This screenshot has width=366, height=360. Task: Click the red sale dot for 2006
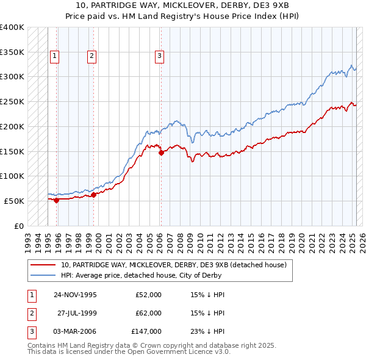(x=161, y=153)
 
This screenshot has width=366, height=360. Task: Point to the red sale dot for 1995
(x=57, y=200)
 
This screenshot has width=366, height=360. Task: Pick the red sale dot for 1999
(x=94, y=195)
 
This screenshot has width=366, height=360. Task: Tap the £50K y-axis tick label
(x=14, y=201)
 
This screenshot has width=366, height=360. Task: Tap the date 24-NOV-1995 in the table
(x=76, y=295)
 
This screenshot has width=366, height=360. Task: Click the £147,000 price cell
(x=146, y=331)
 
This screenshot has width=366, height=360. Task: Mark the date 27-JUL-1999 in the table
(x=77, y=313)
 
